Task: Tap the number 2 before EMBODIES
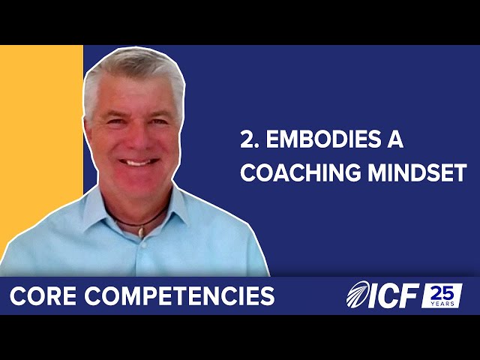click(x=246, y=139)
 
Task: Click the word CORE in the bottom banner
click(x=42, y=296)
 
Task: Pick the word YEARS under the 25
click(x=442, y=304)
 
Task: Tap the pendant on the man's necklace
click(x=139, y=231)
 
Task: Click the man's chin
click(x=138, y=184)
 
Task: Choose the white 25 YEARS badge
click(x=442, y=296)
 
